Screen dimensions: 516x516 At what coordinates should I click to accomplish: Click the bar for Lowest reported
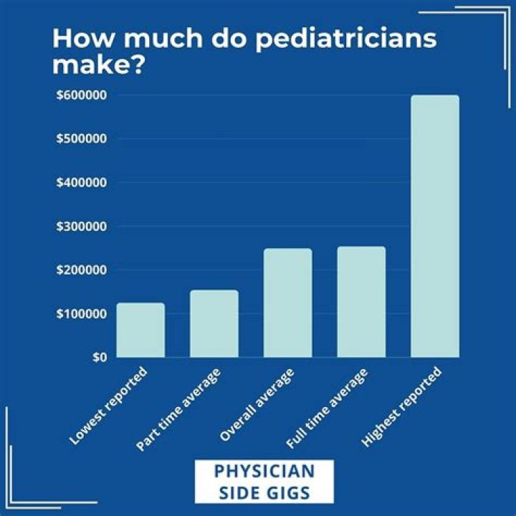[x=140, y=330]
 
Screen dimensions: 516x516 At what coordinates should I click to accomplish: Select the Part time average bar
[x=214, y=323]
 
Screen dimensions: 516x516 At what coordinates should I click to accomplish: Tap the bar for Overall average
[x=287, y=302]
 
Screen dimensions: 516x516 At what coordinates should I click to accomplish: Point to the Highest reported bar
[x=434, y=226]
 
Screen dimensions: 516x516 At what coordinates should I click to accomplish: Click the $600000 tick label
[x=82, y=95]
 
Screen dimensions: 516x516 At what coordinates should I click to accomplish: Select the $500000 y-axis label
[x=82, y=138]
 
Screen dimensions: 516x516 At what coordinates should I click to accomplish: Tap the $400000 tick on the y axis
[x=82, y=183]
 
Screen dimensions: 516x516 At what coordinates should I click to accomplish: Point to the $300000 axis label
[x=82, y=226]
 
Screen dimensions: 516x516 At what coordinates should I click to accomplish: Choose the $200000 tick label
[x=82, y=270]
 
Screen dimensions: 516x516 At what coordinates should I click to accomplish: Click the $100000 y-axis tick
[x=82, y=314]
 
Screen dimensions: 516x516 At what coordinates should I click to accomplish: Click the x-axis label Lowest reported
[x=109, y=406]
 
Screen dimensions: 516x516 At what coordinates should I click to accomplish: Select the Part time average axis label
[x=182, y=409]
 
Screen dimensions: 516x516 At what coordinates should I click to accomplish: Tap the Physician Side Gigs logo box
[x=264, y=481]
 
